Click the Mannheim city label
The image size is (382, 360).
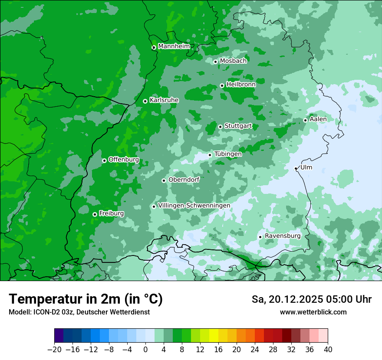click(174, 46)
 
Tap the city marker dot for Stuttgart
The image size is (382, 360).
click(220, 127)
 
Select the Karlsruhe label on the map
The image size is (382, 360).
click(164, 100)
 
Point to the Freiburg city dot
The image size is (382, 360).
click(95, 214)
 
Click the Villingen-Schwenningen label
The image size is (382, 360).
click(194, 206)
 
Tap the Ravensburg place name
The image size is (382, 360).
click(283, 236)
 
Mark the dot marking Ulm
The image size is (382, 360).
click(296, 168)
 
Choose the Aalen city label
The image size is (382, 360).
click(318, 119)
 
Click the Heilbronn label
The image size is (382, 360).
click(241, 85)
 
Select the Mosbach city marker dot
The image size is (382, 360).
click(215, 62)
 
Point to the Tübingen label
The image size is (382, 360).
click(228, 154)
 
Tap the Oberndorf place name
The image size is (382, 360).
click(184, 180)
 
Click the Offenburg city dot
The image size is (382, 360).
click(104, 160)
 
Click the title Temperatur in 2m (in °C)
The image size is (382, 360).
click(86, 299)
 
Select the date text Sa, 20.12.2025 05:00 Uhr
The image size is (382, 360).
click(312, 299)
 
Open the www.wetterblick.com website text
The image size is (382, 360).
click(313, 312)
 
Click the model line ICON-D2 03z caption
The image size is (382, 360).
click(79, 312)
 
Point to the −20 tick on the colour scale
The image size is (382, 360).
click(55, 350)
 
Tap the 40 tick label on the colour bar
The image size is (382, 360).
click(328, 350)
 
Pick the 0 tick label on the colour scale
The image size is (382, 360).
click(145, 350)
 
